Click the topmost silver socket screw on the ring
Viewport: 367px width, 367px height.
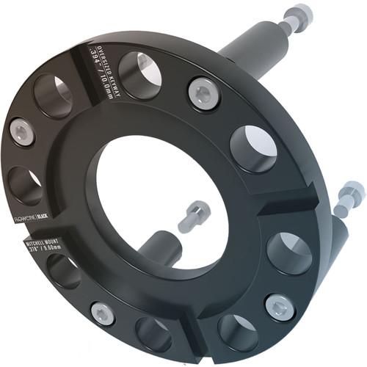203,93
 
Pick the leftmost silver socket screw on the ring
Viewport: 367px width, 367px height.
22,131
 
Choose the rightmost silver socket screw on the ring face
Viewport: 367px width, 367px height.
280,306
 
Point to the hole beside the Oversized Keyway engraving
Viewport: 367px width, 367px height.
139,75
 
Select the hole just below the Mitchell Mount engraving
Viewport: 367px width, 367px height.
65,270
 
